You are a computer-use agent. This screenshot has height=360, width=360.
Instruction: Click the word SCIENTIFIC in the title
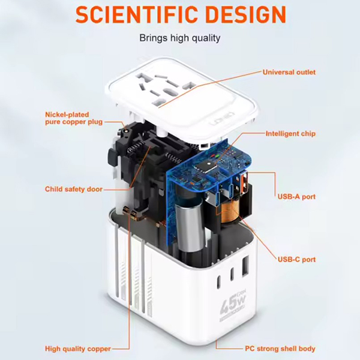click(x=137, y=14)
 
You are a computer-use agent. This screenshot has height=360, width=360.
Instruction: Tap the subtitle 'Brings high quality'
click(x=180, y=38)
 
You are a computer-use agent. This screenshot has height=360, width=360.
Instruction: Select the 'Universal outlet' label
click(x=289, y=72)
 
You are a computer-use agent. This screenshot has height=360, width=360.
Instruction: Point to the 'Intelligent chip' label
click(x=290, y=134)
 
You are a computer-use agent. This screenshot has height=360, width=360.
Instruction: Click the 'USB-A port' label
click(x=296, y=197)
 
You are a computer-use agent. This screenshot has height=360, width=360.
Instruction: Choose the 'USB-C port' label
click(x=296, y=259)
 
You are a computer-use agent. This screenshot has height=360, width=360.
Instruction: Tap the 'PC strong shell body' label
click(x=280, y=349)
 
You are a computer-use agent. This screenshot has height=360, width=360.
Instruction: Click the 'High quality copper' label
click(x=78, y=349)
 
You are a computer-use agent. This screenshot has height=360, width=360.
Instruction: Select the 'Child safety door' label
click(x=74, y=189)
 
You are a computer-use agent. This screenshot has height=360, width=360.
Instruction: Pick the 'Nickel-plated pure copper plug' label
click(x=74, y=118)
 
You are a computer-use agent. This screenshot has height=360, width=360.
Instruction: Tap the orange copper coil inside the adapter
click(x=230, y=211)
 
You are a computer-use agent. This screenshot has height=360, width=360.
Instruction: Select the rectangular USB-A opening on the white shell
click(x=245, y=266)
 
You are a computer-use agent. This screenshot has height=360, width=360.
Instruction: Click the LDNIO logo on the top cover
click(x=223, y=119)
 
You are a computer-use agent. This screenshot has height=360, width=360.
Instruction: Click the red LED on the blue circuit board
click(x=213, y=155)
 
